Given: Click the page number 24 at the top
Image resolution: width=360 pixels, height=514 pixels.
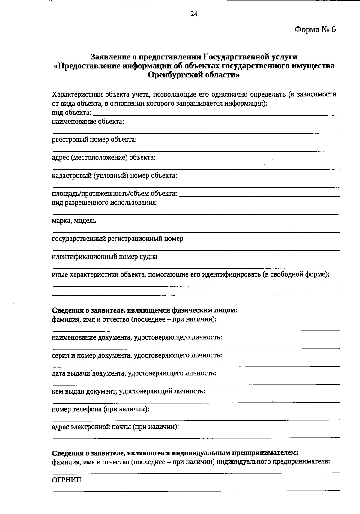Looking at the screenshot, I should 194,14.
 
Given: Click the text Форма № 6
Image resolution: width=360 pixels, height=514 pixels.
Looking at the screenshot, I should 315,29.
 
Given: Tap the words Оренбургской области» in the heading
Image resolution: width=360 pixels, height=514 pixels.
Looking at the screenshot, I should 194,75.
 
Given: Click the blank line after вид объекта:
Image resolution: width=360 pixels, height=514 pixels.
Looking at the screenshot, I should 215,113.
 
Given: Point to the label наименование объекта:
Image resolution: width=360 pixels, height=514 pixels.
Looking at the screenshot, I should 88,122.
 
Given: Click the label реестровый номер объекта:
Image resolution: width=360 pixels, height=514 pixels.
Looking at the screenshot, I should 94,140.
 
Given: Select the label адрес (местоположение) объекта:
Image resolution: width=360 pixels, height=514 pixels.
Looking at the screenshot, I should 103,157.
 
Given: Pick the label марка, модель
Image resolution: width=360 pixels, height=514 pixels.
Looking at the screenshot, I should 74,221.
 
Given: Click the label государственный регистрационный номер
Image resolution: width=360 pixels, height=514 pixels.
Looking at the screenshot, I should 117,239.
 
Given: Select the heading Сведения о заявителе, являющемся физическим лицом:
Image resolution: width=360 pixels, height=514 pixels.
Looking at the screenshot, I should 145,310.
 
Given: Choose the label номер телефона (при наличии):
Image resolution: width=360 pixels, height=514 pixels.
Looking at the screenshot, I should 100,409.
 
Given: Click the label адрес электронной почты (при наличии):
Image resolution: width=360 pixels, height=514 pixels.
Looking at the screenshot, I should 115,427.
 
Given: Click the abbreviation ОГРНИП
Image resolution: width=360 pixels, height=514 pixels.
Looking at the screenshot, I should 67,480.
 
